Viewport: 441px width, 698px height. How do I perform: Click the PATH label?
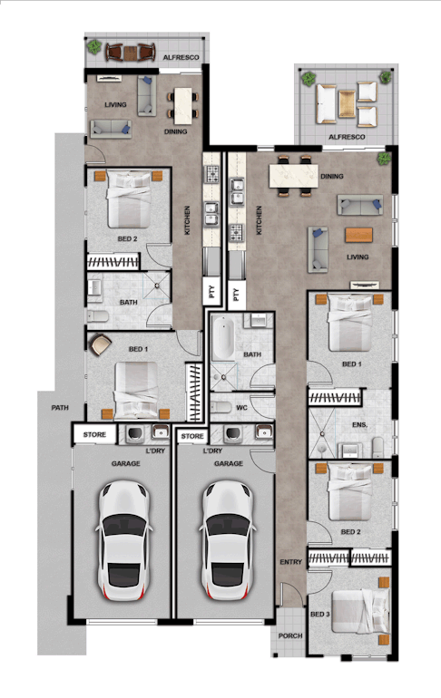pyautogui.click(x=60, y=407)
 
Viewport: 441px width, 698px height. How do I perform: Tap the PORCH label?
pyautogui.click(x=290, y=635)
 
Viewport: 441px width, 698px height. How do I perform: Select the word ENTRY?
pyautogui.click(x=291, y=562)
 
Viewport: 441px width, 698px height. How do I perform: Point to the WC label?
pyautogui.click(x=242, y=407)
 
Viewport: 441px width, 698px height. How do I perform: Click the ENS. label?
pyautogui.click(x=360, y=424)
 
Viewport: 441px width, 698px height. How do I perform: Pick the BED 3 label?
pyautogui.click(x=319, y=615)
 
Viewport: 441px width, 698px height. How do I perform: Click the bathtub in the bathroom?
pyautogui.click(x=222, y=338)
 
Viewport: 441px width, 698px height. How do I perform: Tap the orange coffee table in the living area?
pyautogui.click(x=358, y=235)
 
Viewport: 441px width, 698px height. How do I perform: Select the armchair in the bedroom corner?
pyautogui.click(x=100, y=344)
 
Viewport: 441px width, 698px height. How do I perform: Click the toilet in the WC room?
pyautogui.click(x=220, y=407)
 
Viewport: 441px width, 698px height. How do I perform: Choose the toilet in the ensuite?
pyautogui.click(x=377, y=448)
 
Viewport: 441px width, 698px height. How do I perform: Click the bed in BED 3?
pyautogui.click(x=358, y=612)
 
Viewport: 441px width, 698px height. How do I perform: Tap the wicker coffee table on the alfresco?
pyautogui.click(x=347, y=103)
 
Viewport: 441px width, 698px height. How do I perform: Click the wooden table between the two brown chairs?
pyautogui.click(x=131, y=53)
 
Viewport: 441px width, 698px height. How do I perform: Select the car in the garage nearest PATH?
pyautogui.click(x=123, y=540)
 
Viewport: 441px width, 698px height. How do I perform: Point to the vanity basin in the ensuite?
pyautogui.click(x=349, y=451)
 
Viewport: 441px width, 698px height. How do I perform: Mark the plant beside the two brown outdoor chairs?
pyautogui.click(x=94, y=47)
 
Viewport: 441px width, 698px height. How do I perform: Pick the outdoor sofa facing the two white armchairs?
pyautogui.click(x=326, y=103)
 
